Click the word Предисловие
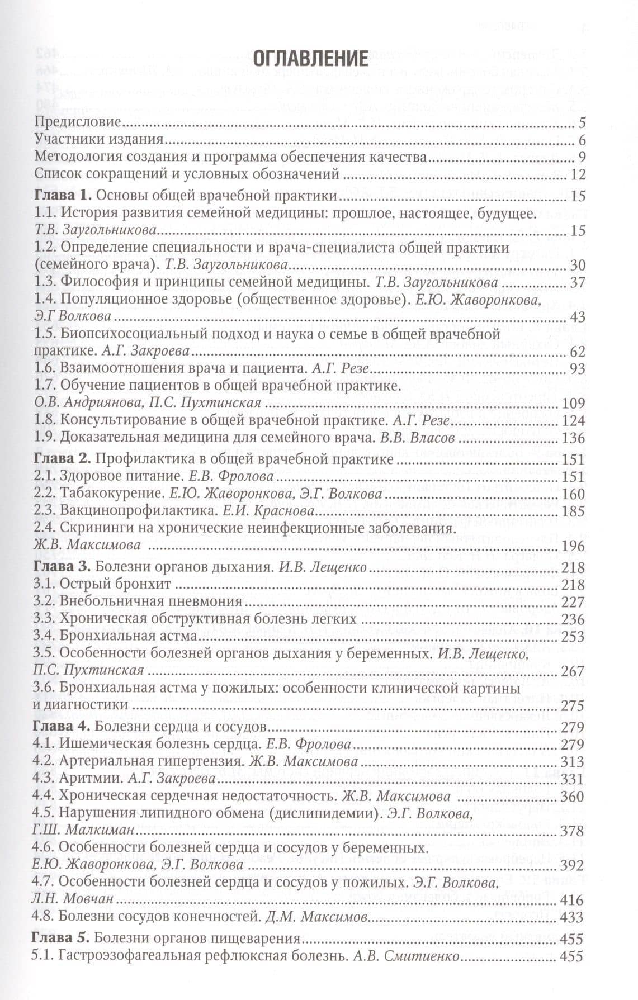click(77, 122)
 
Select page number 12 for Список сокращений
click(578, 174)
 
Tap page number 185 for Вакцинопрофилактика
click(573, 511)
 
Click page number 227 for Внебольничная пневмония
click(573, 602)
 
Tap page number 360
click(573, 796)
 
